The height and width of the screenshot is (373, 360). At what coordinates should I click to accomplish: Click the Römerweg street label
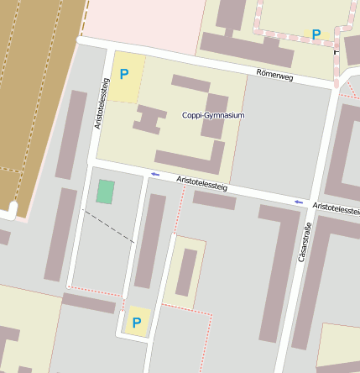coord(275,75)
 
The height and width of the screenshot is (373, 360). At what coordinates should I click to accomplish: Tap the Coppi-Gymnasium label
coord(213,115)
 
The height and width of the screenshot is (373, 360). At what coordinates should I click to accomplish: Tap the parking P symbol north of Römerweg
coord(316,34)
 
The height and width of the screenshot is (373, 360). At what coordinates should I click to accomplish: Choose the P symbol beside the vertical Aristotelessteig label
coord(124,74)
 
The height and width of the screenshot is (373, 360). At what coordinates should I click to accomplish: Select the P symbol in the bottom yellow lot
coord(135,322)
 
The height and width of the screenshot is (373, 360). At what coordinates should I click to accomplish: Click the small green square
coord(105,192)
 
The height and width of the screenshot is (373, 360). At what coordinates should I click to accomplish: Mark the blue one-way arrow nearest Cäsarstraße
coord(299,202)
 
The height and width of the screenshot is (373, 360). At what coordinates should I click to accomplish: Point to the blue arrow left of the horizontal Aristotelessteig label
coord(155,174)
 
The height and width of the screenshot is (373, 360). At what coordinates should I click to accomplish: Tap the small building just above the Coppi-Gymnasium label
coord(190,84)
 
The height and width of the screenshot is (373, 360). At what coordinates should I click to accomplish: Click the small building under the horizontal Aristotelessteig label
coord(214,200)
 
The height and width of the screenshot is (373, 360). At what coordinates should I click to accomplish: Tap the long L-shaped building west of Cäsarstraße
coord(270,269)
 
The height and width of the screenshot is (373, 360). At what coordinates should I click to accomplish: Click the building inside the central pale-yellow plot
coord(185,272)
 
